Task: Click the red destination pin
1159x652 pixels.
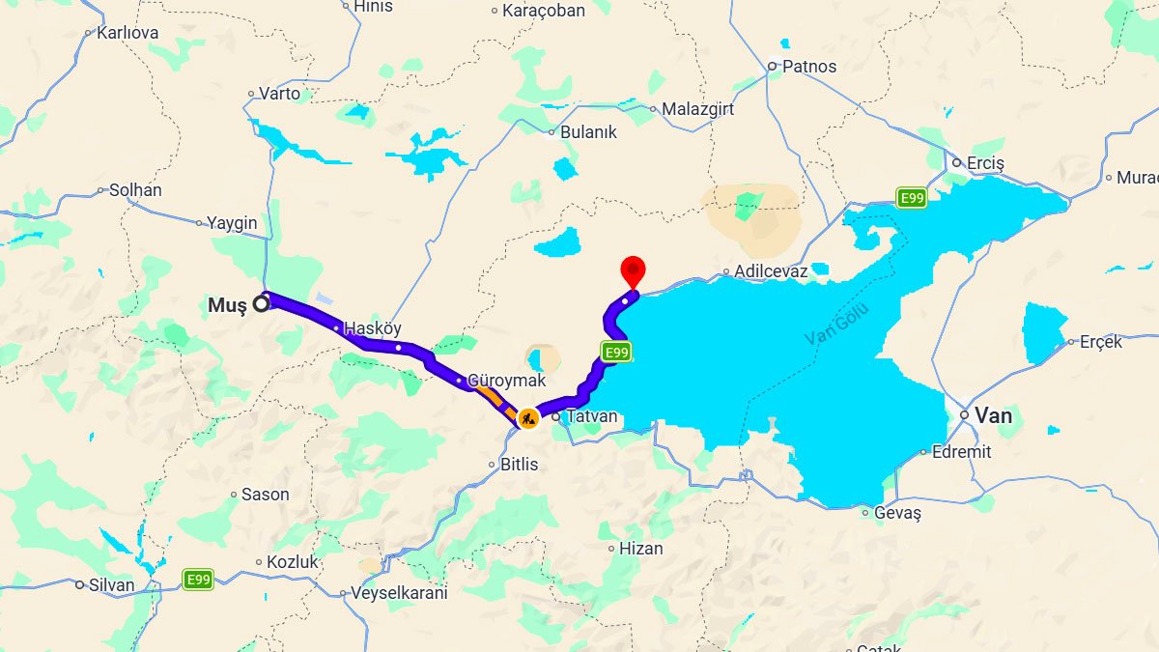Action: [x=633, y=269]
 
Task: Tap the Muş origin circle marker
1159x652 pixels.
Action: [x=261, y=304]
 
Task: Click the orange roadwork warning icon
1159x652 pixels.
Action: [x=527, y=418]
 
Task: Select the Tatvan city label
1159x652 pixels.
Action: [x=591, y=416]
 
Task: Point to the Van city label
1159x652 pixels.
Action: [x=994, y=415]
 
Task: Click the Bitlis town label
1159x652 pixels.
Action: [x=519, y=465]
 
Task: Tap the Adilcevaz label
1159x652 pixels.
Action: [x=770, y=271]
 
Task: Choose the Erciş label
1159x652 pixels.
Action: [x=985, y=163]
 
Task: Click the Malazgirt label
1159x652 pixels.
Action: [x=697, y=109]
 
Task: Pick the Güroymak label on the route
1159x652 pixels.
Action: [x=506, y=382]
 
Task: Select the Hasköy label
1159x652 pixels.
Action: [x=373, y=328]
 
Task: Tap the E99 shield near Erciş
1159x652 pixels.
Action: [x=911, y=198]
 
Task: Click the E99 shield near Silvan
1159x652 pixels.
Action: [x=198, y=580]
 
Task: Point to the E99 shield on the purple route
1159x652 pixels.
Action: [x=616, y=353]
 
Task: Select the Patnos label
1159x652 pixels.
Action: [x=808, y=67]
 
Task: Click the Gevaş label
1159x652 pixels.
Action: [x=897, y=513]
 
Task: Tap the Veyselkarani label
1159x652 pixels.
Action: [x=399, y=593]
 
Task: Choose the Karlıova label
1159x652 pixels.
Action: [x=127, y=32]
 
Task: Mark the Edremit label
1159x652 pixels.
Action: [x=962, y=451]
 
